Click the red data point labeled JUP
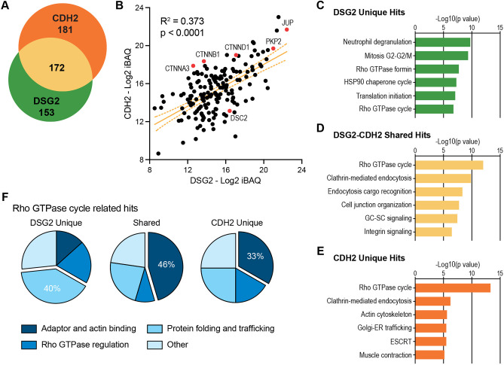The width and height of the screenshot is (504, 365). [x=287, y=30]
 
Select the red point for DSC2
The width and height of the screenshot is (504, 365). [x=230, y=111]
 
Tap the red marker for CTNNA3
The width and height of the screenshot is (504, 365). [x=193, y=65]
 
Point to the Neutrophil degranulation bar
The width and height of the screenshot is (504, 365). [x=443, y=42]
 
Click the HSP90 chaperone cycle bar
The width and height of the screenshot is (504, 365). [x=436, y=82]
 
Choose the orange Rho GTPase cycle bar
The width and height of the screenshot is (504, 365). [x=453, y=288]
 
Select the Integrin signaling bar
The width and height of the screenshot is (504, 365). [x=434, y=232]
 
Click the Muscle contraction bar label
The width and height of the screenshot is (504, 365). [x=386, y=355]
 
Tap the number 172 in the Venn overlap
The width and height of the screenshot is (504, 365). [x=57, y=68]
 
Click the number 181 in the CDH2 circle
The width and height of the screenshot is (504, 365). [x=66, y=30]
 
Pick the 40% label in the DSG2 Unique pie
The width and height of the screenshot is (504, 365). [x=52, y=288]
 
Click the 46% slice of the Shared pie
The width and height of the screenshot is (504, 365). [x=165, y=265]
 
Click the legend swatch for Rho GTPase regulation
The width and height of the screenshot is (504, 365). [x=29, y=345]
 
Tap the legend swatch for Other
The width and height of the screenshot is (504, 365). [x=154, y=345]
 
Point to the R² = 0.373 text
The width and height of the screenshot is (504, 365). [x=182, y=21]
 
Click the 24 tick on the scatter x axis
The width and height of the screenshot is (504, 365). [x=301, y=169]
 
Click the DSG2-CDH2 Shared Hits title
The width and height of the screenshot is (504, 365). [x=382, y=135]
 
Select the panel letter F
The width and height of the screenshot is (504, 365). [x=5, y=196]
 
